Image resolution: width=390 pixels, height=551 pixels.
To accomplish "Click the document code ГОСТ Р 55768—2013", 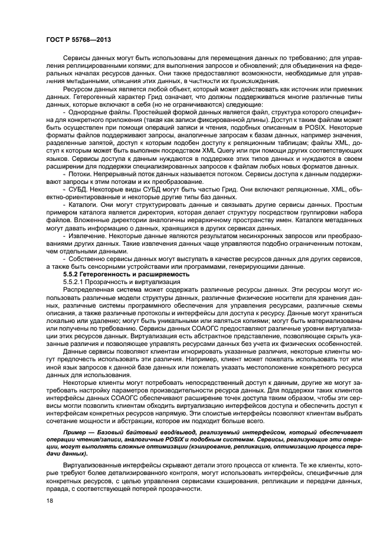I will tap(78, 39).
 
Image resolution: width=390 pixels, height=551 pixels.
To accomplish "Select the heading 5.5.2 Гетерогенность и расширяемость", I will tap(126, 275).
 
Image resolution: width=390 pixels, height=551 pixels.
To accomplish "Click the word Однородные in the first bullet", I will tap(89, 113).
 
